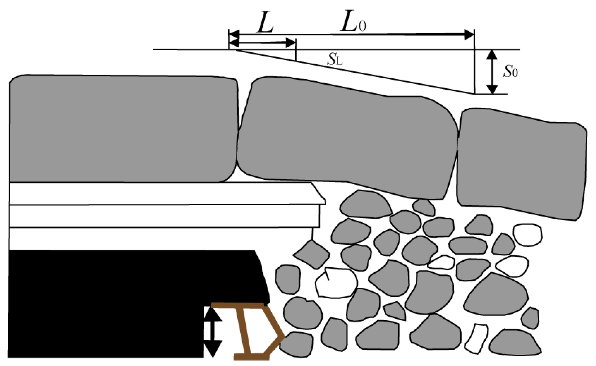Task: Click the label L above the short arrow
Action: click(265, 22)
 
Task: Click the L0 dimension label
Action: click(353, 22)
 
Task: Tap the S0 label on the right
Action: click(510, 71)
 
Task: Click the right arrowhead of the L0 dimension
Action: click(469, 34)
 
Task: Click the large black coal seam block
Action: click(125, 301)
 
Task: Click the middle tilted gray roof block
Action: click(346, 138)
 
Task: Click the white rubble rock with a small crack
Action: click(336, 282)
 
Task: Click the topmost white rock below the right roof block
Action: click(527, 235)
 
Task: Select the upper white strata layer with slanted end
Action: click(166, 194)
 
